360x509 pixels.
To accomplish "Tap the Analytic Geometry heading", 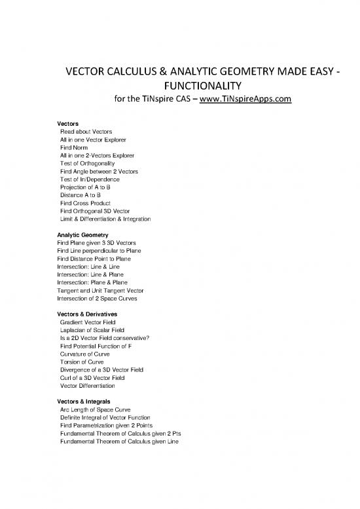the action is pos(82,235).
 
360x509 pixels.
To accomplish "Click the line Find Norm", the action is pos(75,149).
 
